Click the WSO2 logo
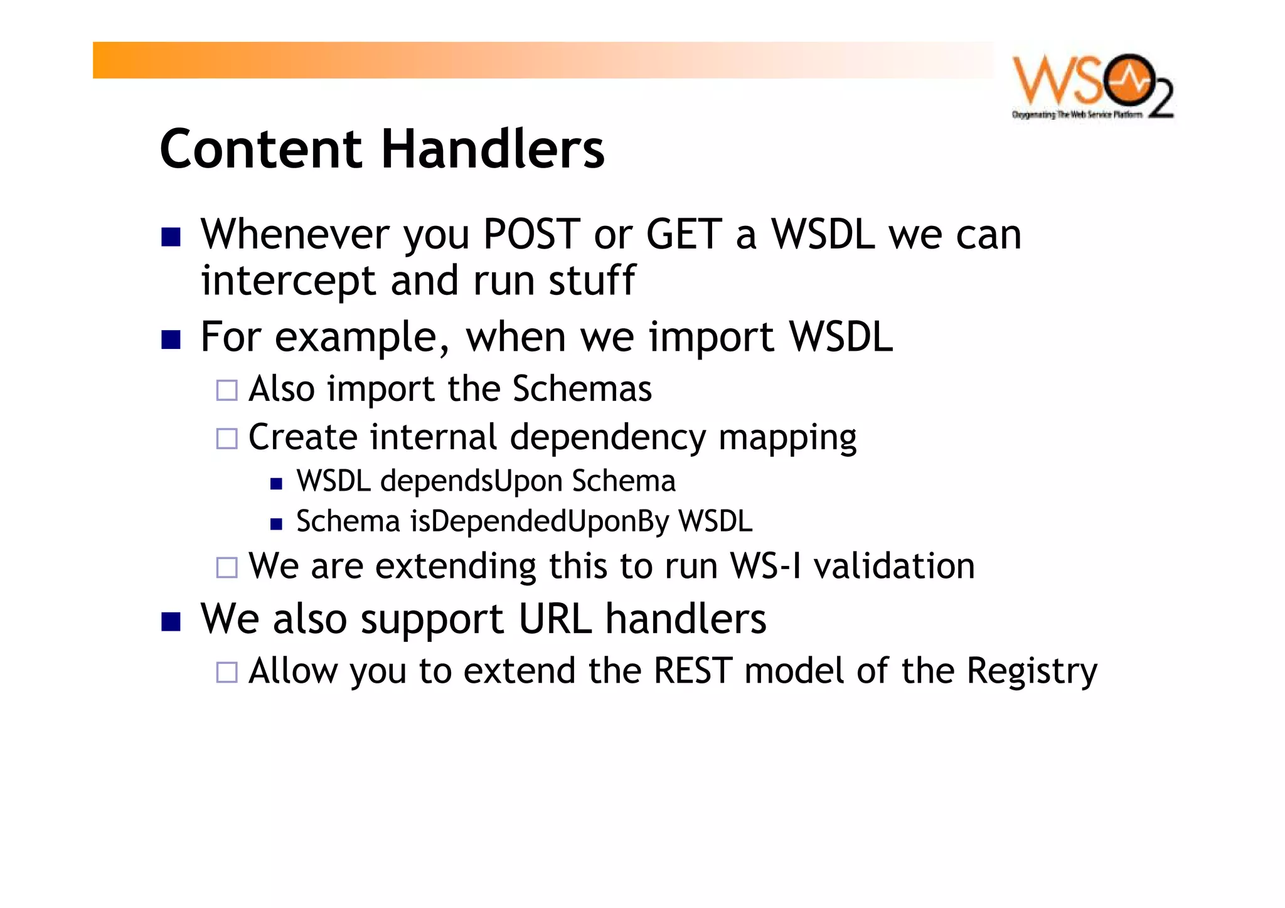[x=1092, y=86]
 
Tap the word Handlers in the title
[x=493, y=149]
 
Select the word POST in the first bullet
[x=531, y=234]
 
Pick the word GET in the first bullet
[x=683, y=234]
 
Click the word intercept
[x=288, y=280]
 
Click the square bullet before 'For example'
[x=171, y=339]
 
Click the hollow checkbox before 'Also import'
[x=227, y=390]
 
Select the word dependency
[x=607, y=437]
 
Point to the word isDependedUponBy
[x=539, y=522]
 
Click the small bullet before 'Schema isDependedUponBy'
[x=276, y=524]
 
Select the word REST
[x=693, y=671]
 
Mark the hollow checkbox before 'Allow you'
[x=227, y=673]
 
